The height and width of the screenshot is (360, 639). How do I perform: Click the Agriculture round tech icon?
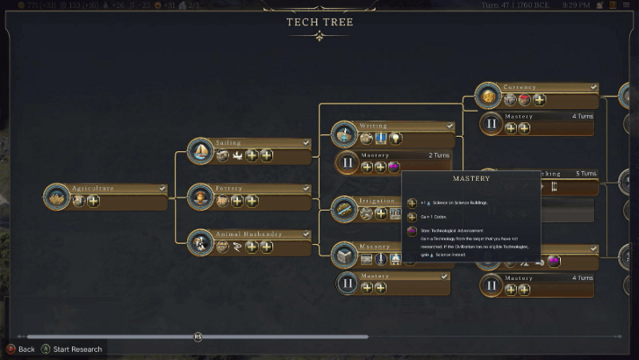pyautogui.click(x=57, y=197)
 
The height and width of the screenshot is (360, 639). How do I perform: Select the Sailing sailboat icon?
pyautogui.click(x=202, y=152)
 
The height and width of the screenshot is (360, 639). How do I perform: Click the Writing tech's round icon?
pyautogui.click(x=345, y=134)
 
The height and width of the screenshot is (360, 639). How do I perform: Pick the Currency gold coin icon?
pyautogui.click(x=488, y=96)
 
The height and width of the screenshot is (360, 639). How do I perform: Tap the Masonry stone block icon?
pyautogui.click(x=345, y=256)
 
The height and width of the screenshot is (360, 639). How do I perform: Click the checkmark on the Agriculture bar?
pyautogui.click(x=162, y=188)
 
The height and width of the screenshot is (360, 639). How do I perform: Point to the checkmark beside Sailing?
pyautogui.click(x=305, y=142)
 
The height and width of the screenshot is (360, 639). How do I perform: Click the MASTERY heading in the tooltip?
pyautogui.click(x=471, y=178)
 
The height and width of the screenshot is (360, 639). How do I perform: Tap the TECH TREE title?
pyautogui.click(x=319, y=22)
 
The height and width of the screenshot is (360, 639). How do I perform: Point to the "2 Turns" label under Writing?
pyautogui.click(x=439, y=155)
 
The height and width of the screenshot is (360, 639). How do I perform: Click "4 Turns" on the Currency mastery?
pyautogui.click(x=585, y=116)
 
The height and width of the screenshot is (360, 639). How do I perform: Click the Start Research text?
pyautogui.click(x=77, y=349)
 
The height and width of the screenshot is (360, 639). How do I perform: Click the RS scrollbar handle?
pyautogui.click(x=197, y=336)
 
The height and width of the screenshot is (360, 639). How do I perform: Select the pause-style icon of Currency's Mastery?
pyautogui.click(x=491, y=123)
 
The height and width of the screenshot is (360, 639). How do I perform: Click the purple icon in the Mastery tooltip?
pyautogui.click(x=412, y=232)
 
